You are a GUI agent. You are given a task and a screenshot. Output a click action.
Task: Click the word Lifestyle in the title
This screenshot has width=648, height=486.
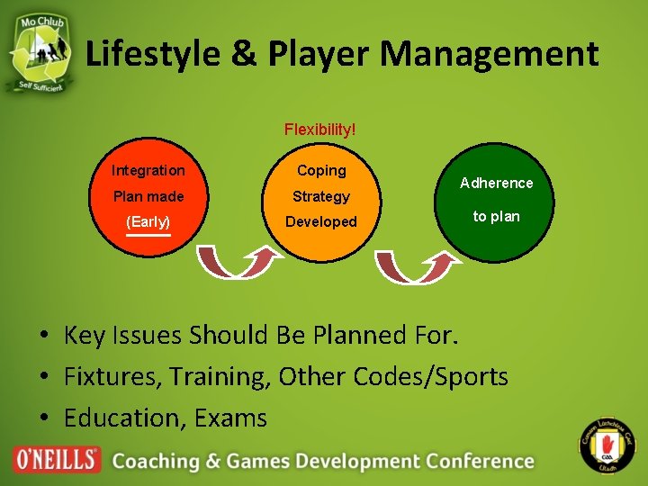click(152, 54)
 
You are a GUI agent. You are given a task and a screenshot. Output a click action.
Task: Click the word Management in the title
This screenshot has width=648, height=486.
click(489, 54)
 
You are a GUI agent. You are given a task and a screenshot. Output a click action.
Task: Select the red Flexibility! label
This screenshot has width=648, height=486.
click(319, 130)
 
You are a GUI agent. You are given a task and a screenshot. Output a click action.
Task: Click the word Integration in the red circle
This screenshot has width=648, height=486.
click(148, 170)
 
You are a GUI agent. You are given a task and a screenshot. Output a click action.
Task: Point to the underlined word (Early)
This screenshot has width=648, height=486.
click(148, 221)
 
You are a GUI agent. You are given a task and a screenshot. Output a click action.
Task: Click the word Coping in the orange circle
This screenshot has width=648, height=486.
click(321, 170)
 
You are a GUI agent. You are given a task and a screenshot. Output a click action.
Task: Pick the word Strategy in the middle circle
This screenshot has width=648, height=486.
click(321, 196)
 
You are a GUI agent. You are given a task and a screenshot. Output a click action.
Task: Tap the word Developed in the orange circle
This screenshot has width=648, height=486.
click(321, 221)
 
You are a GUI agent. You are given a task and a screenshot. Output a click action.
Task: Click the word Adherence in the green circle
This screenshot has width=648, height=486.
click(496, 183)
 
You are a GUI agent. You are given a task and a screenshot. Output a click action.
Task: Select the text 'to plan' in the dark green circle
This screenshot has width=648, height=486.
click(496, 217)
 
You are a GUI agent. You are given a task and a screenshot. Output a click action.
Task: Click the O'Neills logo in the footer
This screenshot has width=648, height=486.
click(57, 459)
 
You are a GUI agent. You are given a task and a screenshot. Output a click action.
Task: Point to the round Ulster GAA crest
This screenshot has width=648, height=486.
click(605, 446)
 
